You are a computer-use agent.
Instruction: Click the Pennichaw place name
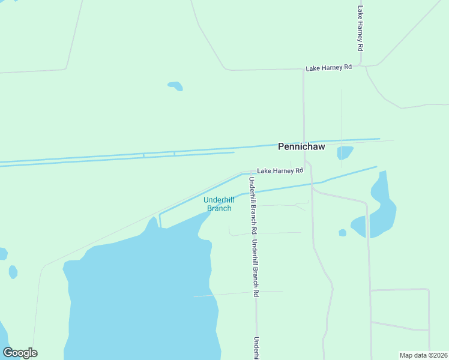click(301, 146)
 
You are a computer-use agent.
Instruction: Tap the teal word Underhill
click(218, 200)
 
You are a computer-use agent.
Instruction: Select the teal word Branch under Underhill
click(219, 208)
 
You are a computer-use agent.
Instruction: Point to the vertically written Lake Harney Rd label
click(360, 28)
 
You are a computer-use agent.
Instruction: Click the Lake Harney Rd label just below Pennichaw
click(280, 171)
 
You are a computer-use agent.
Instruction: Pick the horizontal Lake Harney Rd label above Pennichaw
click(328, 68)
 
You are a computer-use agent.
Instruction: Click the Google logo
click(20, 353)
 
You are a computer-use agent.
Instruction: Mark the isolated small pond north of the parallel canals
click(175, 86)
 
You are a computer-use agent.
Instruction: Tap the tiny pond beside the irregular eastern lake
click(342, 233)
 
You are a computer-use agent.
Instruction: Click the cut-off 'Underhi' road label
click(256, 347)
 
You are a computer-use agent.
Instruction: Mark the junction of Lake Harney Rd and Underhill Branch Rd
click(251, 173)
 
